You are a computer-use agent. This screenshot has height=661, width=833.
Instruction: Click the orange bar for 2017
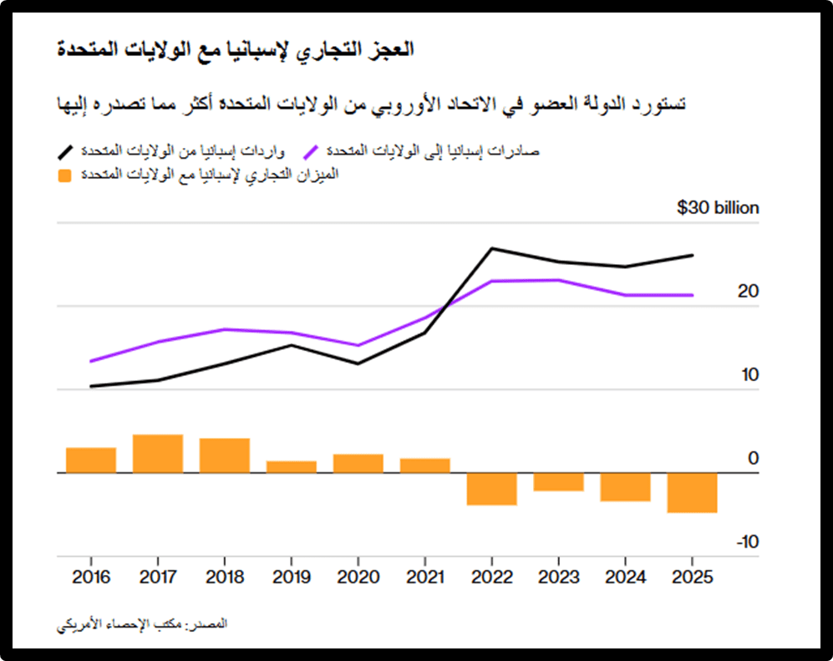(158, 454)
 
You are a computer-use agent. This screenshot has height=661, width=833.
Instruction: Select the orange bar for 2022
(491, 489)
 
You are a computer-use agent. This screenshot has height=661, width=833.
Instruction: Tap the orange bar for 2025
(692, 492)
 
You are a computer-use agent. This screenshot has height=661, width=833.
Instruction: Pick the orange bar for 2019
(291, 466)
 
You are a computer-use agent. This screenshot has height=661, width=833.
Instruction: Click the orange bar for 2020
(358, 463)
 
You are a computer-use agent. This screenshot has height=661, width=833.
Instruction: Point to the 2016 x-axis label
(90, 577)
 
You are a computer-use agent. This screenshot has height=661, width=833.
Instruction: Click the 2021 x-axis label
(424, 577)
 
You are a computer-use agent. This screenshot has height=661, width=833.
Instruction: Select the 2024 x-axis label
(625, 577)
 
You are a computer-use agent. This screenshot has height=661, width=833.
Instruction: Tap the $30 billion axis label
(718, 208)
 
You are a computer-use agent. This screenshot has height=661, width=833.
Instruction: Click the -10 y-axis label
(747, 542)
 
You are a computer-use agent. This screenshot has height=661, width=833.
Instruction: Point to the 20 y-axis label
(749, 292)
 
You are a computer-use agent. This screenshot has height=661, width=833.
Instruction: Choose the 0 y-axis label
(754, 459)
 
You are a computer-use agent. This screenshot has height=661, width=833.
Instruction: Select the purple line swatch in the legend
(312, 151)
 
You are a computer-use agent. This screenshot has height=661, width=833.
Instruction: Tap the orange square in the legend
(64, 175)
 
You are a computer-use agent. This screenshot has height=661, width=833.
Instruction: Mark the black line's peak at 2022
(491, 248)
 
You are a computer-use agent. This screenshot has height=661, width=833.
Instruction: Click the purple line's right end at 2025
(692, 295)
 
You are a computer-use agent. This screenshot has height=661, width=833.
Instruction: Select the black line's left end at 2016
(90, 386)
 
